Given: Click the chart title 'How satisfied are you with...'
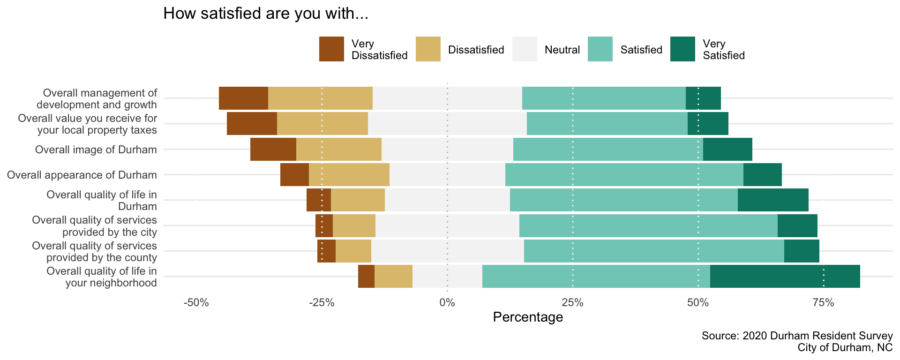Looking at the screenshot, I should pos(266,14).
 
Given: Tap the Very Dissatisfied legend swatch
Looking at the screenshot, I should pos(331,49).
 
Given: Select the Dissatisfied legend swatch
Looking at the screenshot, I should pos(428,49).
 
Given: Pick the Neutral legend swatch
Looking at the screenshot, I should pos(525,49).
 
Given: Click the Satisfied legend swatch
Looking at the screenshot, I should pos(600,49).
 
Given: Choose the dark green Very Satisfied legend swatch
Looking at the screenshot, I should pos(682,49).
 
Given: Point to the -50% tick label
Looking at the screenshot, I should pos(196,303).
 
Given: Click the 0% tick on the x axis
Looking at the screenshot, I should pos(447,303).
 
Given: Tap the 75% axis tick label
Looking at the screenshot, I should pos(824,303).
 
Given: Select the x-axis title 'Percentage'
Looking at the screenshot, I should pos(528,317).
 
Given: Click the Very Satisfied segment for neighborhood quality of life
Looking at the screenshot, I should pos(785,277).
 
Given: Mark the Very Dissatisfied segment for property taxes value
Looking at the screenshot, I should pos(252,124).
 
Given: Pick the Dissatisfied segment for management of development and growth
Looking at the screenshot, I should pos(320,98).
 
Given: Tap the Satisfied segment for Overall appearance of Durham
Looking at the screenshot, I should pos(624,175).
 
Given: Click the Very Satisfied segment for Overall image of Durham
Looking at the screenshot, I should pos(727,150).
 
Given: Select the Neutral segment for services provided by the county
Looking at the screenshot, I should pos(448,251).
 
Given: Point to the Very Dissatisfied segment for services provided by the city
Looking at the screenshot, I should pos(324,226).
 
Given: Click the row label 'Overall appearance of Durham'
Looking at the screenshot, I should pos(82,175).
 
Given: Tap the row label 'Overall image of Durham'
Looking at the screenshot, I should pos(96,150).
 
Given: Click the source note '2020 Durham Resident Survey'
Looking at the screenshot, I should pos(797,336).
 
